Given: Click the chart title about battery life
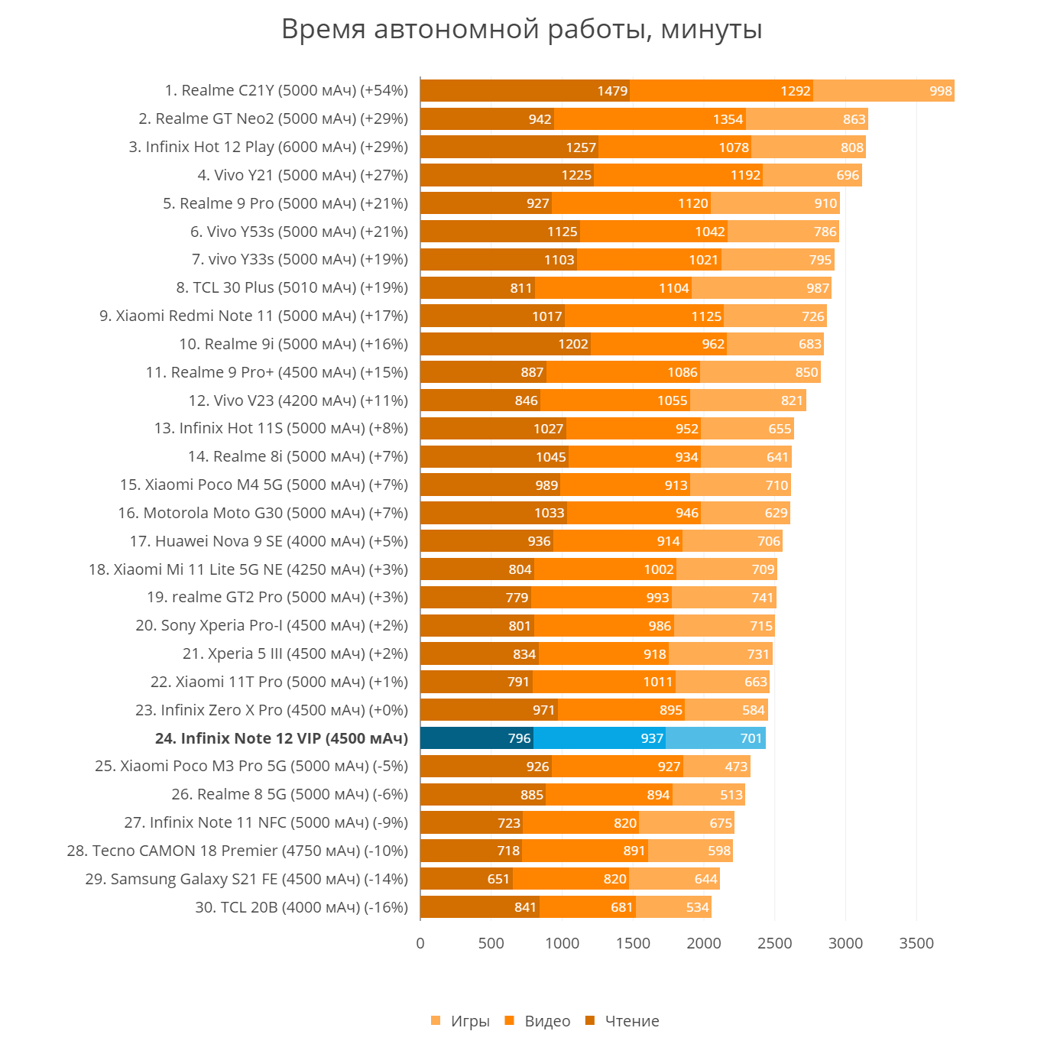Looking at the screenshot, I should click(522, 30).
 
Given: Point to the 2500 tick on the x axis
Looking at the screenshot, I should click(774, 943).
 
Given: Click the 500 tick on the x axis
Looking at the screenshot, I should click(491, 943).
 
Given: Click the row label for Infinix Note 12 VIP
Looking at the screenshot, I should click(281, 738).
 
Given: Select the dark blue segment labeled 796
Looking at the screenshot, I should click(477, 738).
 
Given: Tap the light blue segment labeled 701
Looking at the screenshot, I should click(715, 738).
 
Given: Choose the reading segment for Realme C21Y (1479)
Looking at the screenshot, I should click(525, 91).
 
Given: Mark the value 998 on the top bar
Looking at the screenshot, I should click(941, 91).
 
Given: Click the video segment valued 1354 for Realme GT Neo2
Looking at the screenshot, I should click(650, 119).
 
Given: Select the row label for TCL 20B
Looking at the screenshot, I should click(301, 907).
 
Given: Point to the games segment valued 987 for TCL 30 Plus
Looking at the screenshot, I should click(761, 288).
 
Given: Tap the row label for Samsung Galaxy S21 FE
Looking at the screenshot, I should click(246, 879).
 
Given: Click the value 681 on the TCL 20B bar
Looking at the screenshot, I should click(621, 907).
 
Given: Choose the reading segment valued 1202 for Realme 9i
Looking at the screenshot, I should click(505, 344).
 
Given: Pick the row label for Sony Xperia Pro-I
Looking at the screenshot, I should click(271, 625).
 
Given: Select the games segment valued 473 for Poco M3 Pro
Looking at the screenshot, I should click(717, 767).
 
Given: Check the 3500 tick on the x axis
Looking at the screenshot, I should click(916, 943).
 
